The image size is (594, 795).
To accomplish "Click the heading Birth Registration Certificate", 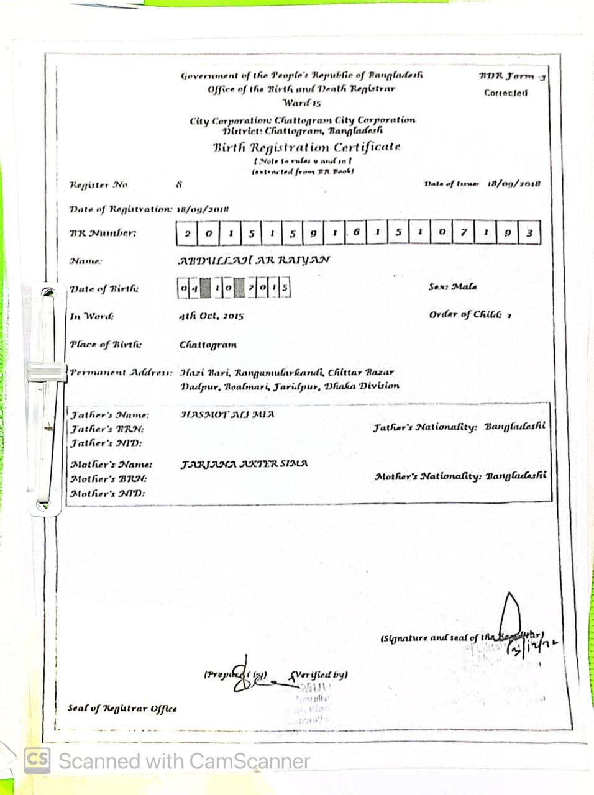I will tap(306, 147).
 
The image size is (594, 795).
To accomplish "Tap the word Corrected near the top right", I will tap(506, 93).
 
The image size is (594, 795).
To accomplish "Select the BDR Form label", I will tap(511, 76).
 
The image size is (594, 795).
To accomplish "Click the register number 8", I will tap(179, 184).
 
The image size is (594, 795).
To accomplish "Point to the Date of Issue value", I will tap(513, 184).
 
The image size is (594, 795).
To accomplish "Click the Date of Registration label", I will tap(121, 209).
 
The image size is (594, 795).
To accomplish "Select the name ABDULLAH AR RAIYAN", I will tap(254, 260).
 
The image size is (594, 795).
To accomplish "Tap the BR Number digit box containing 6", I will tap(356, 233).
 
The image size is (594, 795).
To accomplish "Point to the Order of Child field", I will tap(469, 314).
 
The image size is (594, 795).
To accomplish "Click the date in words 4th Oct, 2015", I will tap(211, 316).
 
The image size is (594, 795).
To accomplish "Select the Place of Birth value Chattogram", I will tap(208, 345).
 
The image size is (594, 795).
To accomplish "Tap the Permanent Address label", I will tap(121, 373).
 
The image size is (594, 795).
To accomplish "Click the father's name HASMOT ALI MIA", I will tap(227, 414).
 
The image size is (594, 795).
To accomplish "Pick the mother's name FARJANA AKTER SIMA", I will tap(244, 464).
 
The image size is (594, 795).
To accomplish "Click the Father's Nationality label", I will tap(425, 427).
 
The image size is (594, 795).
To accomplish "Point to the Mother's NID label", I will tap(107, 494).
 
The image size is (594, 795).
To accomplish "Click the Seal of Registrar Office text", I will tap(122, 708).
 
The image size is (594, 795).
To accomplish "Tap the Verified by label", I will tap(320, 675).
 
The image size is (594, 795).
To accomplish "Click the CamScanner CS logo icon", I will tap(37, 760).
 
